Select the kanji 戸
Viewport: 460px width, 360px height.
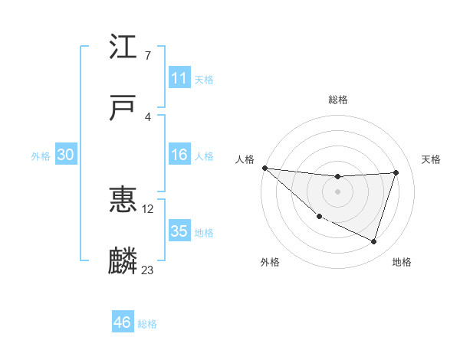click(x=123, y=107)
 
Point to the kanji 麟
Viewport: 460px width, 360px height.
click(x=123, y=260)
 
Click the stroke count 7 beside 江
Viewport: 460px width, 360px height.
click(x=147, y=55)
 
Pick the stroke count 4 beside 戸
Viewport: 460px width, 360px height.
click(x=147, y=116)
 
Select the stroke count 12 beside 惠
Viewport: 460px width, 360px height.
click(x=148, y=208)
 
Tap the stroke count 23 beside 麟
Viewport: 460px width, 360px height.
click(x=148, y=270)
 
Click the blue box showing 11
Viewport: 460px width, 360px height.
click(x=179, y=78)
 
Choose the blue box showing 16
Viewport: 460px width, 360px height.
click(x=179, y=155)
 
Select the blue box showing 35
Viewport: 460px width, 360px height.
click(x=179, y=231)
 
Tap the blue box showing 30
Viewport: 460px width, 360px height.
click(x=66, y=155)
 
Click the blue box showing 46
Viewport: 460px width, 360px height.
click(x=123, y=322)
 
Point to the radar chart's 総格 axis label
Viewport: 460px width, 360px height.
click(x=338, y=100)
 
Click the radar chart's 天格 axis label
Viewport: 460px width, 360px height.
click(x=431, y=159)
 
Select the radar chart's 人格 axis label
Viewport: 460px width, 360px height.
click(x=244, y=159)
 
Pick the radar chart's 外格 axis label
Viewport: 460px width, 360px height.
click(x=270, y=262)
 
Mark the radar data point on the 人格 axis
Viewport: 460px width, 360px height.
click(x=264, y=168)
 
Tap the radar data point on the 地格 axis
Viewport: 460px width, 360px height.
click(x=374, y=241)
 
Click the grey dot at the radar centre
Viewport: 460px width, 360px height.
click(x=337, y=191)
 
